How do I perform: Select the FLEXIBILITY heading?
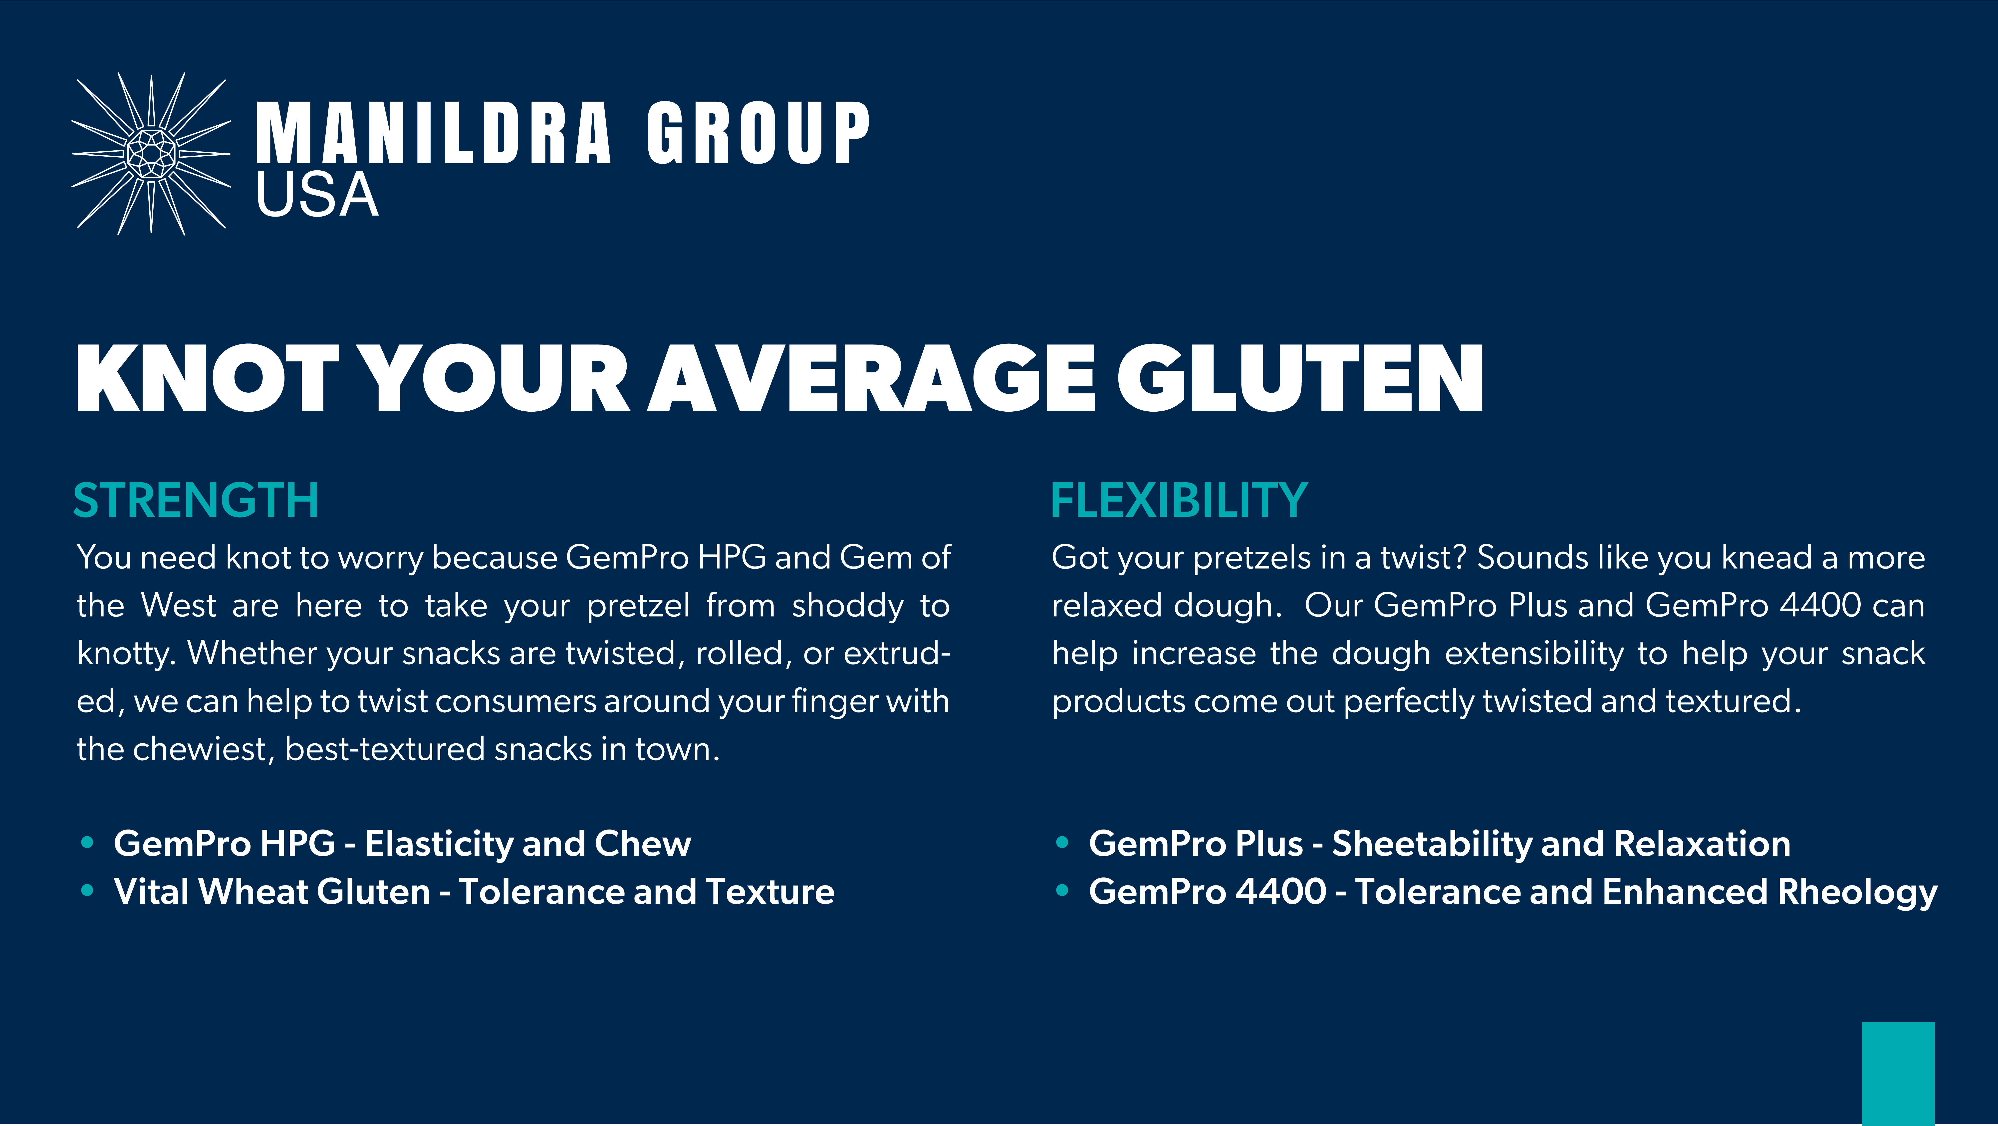(x=1179, y=500)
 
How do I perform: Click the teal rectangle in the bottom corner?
(x=1898, y=1073)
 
